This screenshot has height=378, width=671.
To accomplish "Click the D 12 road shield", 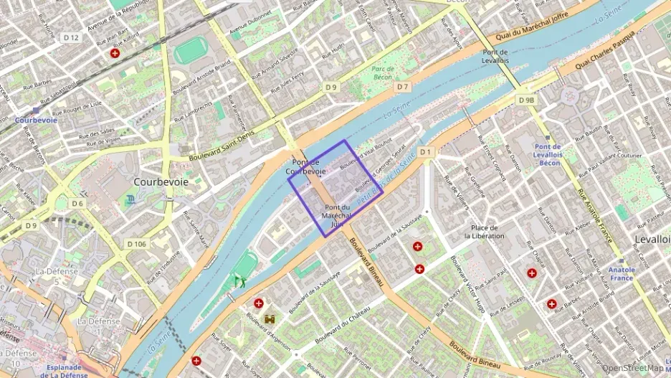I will [70, 37].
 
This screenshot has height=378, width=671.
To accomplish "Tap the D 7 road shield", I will [404, 87].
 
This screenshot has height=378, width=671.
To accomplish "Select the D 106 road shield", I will [136, 244].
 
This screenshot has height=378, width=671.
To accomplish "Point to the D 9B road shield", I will [526, 100].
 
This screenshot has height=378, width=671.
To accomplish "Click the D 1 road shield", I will [426, 151].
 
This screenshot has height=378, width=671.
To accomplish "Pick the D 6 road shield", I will [77, 204].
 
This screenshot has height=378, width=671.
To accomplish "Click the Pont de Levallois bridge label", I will [495, 57].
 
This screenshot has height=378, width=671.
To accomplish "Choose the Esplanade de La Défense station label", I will [65, 370].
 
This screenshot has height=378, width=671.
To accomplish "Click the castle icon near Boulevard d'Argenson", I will [270, 319].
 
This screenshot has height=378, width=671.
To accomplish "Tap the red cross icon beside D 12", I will [115, 53].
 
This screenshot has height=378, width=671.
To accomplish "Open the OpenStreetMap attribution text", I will [632, 369].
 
